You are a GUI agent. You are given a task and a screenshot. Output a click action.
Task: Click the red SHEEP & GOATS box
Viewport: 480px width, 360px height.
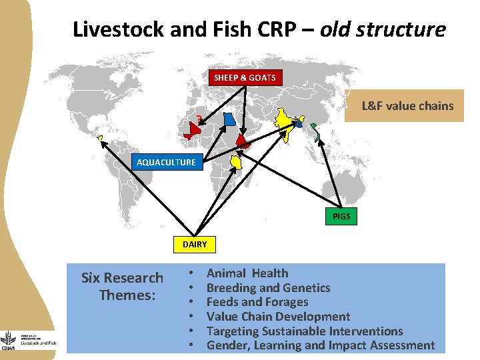[x=245, y=78]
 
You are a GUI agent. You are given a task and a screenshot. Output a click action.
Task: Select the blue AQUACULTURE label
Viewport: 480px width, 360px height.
[x=166, y=162]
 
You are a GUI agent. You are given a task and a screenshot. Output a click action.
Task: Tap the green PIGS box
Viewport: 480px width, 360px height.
[x=341, y=217]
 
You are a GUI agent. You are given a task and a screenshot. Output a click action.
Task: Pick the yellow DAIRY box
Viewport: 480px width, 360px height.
[x=195, y=245]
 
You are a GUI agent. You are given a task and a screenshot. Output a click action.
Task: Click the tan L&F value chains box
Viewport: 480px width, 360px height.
[x=407, y=105]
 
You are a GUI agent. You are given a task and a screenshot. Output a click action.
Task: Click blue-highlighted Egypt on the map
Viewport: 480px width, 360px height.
[x=229, y=119]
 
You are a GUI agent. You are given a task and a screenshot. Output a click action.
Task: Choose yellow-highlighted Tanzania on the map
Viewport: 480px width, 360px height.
[x=236, y=162]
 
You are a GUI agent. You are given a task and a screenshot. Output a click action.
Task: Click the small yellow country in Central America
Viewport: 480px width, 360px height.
[x=101, y=139]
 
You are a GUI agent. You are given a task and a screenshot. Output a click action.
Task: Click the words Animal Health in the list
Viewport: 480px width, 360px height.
[x=247, y=273]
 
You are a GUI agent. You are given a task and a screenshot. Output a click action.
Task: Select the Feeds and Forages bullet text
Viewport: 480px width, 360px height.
[x=257, y=302]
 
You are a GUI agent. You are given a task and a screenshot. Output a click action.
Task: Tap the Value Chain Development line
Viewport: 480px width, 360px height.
[x=278, y=317]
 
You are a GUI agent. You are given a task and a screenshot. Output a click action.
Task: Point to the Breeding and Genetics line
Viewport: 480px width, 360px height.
[x=268, y=288]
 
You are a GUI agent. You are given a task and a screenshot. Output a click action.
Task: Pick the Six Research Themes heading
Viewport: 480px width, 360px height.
[x=122, y=286]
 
